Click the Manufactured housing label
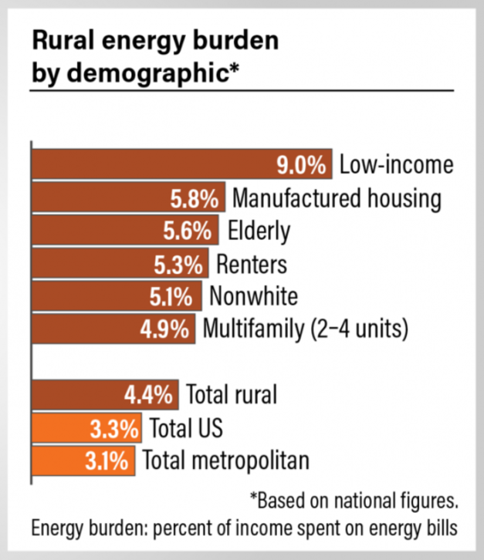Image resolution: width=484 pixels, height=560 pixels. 337,198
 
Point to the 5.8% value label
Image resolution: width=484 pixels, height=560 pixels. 195,198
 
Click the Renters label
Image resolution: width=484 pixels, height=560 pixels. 251,264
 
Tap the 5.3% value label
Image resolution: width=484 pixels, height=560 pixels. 180,264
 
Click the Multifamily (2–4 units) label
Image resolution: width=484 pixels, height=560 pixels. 304,329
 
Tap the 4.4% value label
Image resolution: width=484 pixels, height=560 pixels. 148,395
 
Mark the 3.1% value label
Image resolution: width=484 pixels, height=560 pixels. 106,460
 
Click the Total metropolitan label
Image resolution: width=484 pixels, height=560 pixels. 225,460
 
